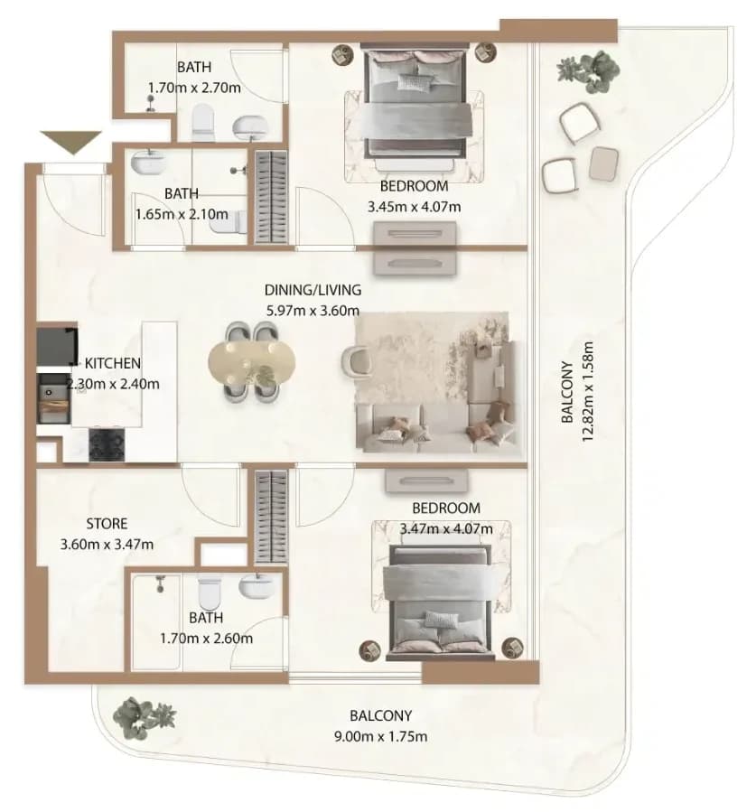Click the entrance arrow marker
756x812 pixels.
tap(71, 143)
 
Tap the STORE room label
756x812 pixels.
tap(107, 524)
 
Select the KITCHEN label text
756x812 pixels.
tap(112, 363)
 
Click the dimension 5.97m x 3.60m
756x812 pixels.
tap(313, 311)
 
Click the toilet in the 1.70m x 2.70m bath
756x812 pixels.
tap(202, 122)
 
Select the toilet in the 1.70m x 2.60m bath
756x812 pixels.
tap(210, 594)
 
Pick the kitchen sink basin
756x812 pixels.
tap(54, 398)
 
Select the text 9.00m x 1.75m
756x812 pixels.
tap(380, 736)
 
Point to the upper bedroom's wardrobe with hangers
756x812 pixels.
tap(271, 197)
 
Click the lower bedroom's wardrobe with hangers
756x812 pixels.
tap(271, 517)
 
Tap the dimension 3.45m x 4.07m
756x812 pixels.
tap(415, 207)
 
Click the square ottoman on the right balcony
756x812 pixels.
tap(603, 163)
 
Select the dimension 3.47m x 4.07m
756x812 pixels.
tap(446, 528)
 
